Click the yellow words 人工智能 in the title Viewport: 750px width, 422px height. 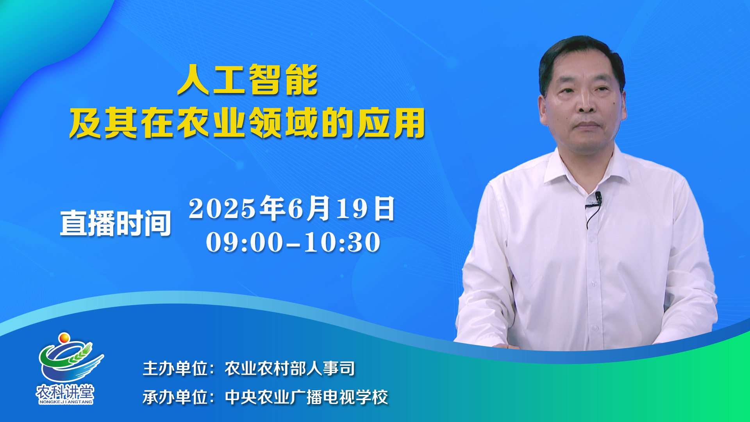[248, 80]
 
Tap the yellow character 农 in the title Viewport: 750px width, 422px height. [195, 123]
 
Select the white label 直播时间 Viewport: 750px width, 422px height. [116, 223]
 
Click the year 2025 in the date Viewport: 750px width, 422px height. [222, 208]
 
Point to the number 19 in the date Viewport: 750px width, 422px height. [352, 208]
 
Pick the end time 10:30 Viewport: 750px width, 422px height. [342, 242]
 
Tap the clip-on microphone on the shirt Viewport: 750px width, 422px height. [598, 198]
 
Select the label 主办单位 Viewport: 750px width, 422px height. [175, 368]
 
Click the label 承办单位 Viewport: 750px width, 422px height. [175, 397]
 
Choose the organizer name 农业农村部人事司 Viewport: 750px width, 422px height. [290, 368]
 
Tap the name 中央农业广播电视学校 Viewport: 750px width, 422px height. [307, 397]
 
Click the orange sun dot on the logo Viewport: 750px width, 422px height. [64, 338]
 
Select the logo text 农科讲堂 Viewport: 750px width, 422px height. [65, 392]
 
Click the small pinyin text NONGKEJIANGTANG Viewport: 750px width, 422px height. [66, 402]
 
